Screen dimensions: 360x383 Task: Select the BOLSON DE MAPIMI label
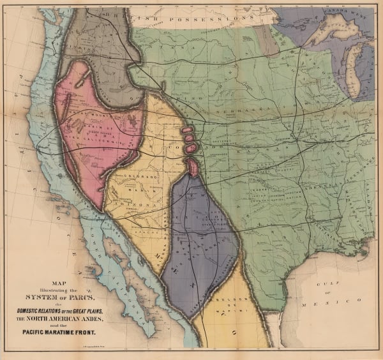(227, 304)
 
